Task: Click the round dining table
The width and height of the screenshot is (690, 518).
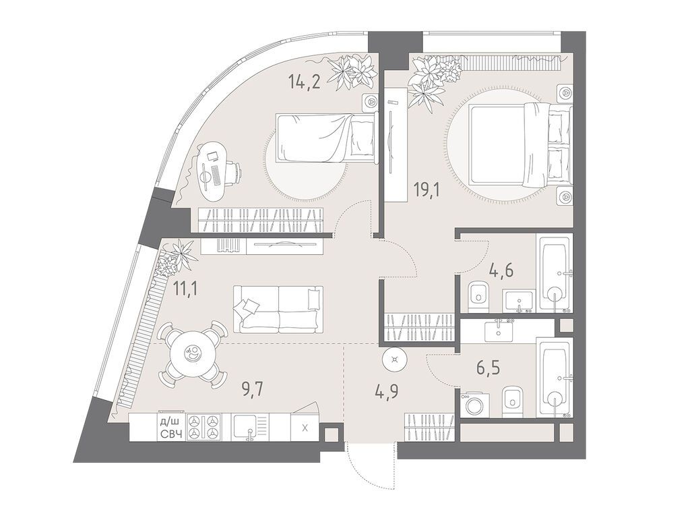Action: tap(193, 354)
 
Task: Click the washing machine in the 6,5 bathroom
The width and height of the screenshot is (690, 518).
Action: tap(476, 404)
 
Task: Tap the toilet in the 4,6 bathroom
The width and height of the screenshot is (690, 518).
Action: tap(478, 295)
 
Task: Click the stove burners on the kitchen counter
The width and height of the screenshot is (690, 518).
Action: tap(204, 427)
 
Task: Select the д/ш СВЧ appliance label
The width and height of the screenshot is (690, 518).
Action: tap(170, 428)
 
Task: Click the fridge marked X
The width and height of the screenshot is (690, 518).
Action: tap(305, 428)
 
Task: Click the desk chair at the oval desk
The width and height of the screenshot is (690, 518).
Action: tap(231, 173)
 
